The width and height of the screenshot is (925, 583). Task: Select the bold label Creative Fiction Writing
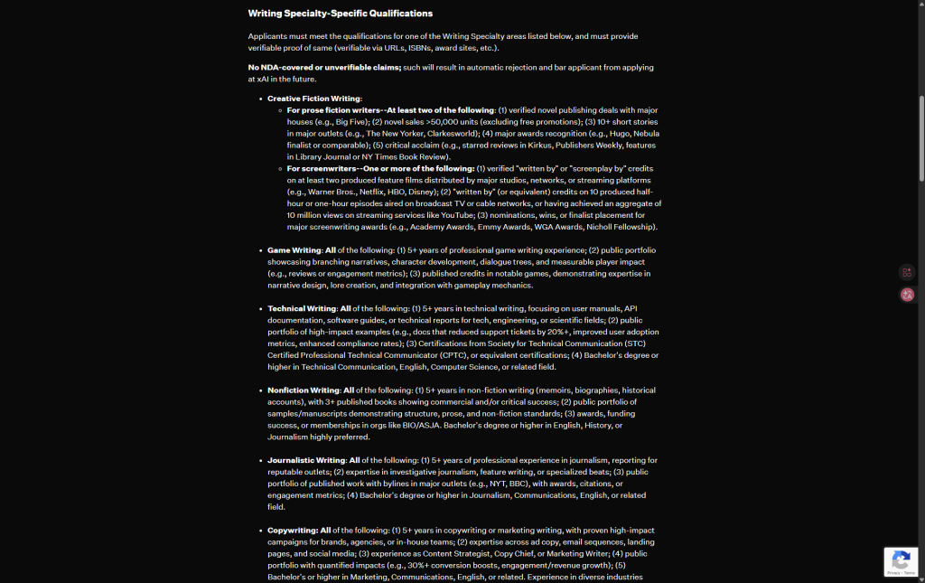click(314, 99)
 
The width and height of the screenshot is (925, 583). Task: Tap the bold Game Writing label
click(294, 249)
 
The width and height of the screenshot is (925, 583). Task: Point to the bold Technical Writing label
click(302, 308)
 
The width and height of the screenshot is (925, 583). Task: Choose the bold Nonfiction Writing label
click(304, 390)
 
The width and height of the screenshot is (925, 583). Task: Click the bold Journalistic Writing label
click(306, 460)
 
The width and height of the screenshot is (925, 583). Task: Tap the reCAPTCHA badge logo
click(901, 559)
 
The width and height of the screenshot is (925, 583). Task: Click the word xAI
click(263, 79)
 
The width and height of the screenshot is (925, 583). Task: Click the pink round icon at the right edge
click(907, 295)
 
